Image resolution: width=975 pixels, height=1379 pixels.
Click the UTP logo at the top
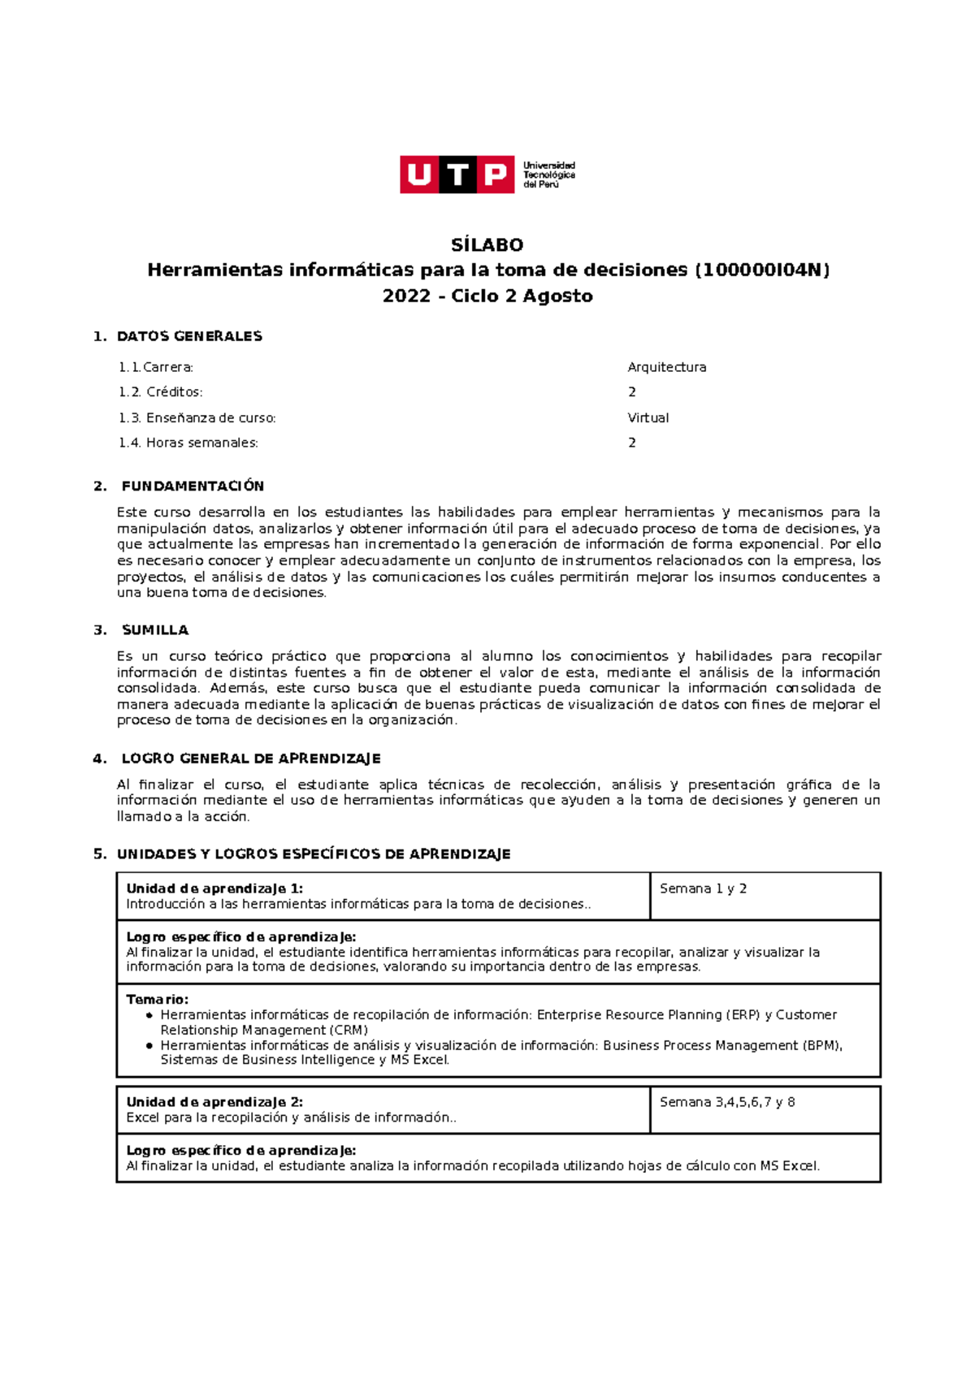pos(487,175)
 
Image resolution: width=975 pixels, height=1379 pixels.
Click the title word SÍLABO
pos(487,244)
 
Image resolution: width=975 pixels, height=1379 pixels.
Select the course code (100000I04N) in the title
pos(762,270)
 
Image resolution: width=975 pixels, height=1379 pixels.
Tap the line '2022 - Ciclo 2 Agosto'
pos(487,296)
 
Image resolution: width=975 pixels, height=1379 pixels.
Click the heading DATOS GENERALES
pos(189,336)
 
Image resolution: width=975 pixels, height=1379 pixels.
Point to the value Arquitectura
pos(666,367)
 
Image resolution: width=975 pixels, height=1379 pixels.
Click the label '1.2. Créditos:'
pos(160,392)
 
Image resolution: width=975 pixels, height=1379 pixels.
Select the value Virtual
pos(648,418)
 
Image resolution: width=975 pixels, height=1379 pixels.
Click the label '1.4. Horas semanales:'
pos(188,443)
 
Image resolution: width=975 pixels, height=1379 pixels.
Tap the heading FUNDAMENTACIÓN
pos(193,486)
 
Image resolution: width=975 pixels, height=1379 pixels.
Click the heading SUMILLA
pos(154,630)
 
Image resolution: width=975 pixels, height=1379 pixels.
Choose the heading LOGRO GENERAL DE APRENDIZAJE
pos(250,759)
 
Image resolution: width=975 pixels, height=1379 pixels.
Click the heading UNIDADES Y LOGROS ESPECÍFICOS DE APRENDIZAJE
pos(314,854)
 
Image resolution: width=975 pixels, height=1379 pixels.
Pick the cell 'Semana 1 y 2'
pos(703,888)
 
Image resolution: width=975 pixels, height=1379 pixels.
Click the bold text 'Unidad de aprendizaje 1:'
pos(214,888)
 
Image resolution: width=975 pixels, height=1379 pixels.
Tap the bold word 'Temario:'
pos(157,1000)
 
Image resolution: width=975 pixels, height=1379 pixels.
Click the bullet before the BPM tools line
pos(149,1046)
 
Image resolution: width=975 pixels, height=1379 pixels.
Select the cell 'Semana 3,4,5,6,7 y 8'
pos(727,1102)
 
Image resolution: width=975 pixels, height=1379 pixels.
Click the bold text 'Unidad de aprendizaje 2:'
pos(214,1102)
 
